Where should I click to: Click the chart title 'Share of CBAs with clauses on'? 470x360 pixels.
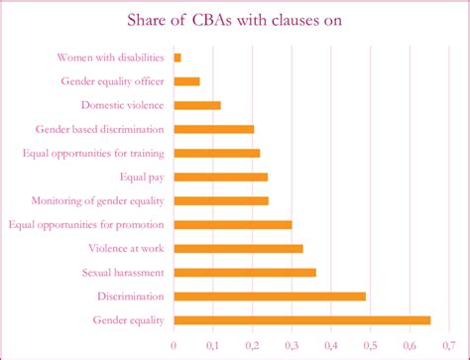(234, 21)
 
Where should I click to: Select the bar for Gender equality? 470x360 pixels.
(302, 319)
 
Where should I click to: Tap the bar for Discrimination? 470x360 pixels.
(270, 296)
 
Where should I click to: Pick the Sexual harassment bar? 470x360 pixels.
(245, 272)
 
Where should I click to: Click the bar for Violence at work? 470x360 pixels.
(238, 248)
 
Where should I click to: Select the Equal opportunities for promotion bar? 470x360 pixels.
(233, 224)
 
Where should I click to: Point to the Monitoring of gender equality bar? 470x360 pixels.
(221, 200)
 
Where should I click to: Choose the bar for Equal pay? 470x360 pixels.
(220, 177)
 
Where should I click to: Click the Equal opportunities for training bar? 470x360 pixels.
(216, 153)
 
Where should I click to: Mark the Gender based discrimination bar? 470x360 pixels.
(213, 129)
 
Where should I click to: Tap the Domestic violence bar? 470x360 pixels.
(197, 105)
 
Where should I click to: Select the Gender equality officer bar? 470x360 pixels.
(186, 81)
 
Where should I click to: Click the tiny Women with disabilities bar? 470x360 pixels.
(177, 58)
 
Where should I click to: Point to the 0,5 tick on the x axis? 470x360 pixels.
(370, 343)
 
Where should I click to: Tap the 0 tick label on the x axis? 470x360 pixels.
(174, 343)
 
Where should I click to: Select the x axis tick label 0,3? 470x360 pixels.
(292, 343)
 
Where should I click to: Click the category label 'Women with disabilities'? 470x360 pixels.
(110, 58)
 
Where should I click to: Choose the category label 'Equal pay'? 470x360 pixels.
(141, 177)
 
